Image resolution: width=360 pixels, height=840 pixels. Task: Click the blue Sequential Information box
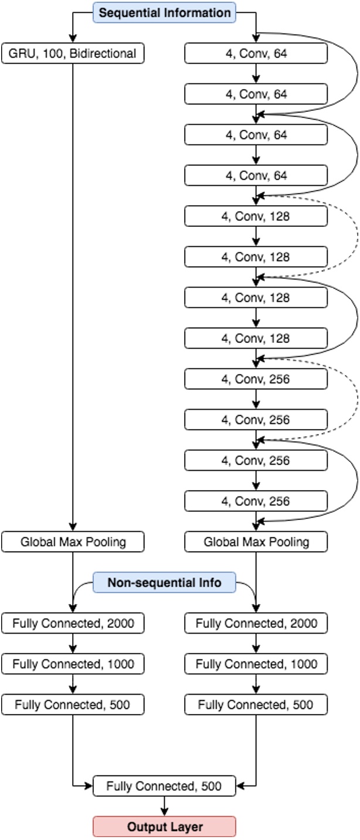point(164,13)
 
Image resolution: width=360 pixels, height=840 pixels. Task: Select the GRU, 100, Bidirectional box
point(73,54)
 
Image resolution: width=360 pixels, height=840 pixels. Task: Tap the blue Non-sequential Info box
point(164,583)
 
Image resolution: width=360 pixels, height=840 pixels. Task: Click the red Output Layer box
point(164,827)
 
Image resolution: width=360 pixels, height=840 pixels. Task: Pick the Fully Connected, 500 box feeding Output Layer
point(164,786)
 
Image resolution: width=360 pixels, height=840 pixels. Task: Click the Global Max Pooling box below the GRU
point(73,542)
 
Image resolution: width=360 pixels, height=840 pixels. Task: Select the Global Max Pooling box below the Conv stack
point(256,542)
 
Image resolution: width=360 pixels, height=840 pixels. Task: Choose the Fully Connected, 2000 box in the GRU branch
point(73,624)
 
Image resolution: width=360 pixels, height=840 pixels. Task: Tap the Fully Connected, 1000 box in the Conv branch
point(256,664)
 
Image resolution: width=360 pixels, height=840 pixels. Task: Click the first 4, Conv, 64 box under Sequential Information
point(256,54)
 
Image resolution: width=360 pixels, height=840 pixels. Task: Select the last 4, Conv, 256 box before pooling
point(256,501)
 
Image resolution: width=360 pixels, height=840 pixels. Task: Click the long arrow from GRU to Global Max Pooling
point(73,293)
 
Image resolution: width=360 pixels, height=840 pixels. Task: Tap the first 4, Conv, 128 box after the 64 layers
point(256,216)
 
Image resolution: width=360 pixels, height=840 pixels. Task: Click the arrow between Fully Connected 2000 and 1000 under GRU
point(73,644)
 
